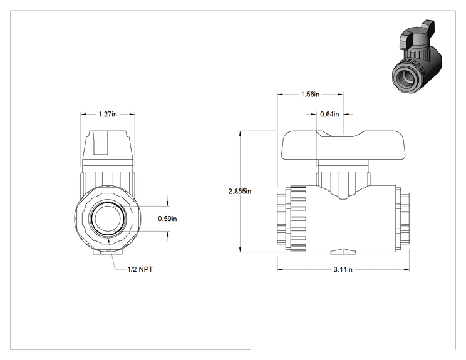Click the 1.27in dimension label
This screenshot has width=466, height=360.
(x=108, y=114)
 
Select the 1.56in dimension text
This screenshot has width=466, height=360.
(x=310, y=95)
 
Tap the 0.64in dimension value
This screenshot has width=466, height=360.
(x=329, y=114)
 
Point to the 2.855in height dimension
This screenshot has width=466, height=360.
(x=239, y=192)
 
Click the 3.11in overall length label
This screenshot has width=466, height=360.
(x=343, y=270)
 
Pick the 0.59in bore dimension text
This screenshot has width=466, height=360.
(x=167, y=219)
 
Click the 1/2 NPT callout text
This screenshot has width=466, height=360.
(x=140, y=269)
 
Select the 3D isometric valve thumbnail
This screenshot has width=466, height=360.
(x=417, y=56)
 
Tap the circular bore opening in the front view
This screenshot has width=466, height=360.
(x=106, y=219)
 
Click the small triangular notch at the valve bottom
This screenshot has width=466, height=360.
(x=343, y=252)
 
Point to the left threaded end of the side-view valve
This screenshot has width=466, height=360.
(x=282, y=219)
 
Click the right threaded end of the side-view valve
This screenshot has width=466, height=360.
(x=405, y=219)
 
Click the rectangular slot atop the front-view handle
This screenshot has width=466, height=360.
(x=100, y=143)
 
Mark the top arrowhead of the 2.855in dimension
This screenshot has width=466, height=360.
(x=240, y=133)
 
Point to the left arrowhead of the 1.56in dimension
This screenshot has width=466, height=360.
(x=280, y=95)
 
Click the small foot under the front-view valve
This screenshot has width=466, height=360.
(x=107, y=252)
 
